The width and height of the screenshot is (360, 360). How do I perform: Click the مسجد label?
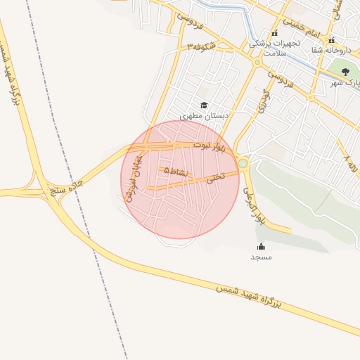(x=262, y=257)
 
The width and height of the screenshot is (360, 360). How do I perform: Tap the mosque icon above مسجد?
(x=262, y=246)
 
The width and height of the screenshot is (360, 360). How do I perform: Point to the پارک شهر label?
(x=345, y=83)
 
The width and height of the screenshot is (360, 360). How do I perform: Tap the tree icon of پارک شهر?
(x=345, y=72)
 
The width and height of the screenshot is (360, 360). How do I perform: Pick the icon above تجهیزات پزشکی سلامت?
(x=274, y=32)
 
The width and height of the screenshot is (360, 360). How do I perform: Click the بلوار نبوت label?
(x=211, y=146)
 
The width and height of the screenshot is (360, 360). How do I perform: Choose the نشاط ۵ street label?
(x=176, y=171)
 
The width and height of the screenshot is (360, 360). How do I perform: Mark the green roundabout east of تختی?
(x=243, y=164)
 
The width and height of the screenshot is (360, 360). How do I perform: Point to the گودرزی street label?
(x=264, y=102)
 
